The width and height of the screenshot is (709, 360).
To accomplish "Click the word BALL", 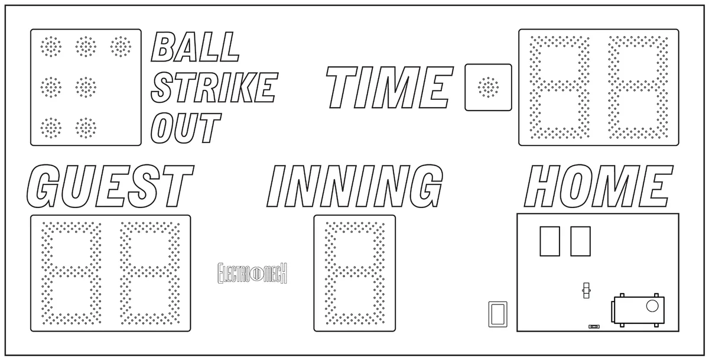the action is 195,47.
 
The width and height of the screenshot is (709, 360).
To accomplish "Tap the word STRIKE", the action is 214,87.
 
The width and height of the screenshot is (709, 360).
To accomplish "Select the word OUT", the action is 186,128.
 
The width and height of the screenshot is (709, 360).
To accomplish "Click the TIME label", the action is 389,87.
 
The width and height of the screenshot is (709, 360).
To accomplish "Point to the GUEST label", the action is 110,186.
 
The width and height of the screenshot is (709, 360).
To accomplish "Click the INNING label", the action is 355,186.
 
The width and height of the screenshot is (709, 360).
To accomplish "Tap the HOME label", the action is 598,186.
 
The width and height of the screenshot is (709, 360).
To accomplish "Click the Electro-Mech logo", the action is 252,273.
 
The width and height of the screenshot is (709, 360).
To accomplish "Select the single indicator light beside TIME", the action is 489,87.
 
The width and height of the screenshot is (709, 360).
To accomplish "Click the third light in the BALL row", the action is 121,47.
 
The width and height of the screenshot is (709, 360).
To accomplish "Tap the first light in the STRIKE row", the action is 51,87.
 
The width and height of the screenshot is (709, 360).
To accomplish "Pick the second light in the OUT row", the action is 86,128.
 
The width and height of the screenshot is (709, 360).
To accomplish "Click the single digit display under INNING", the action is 355,273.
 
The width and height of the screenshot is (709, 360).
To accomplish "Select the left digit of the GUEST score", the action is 71,273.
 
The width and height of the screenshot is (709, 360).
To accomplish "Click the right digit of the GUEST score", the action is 150,273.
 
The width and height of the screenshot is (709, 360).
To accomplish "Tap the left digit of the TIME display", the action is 560,87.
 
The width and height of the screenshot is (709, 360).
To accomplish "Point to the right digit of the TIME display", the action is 638,87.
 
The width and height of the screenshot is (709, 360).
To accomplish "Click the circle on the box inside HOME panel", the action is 652,306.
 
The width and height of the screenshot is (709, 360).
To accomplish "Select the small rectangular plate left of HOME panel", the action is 498,314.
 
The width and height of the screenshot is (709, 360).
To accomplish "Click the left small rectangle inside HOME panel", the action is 550,241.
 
